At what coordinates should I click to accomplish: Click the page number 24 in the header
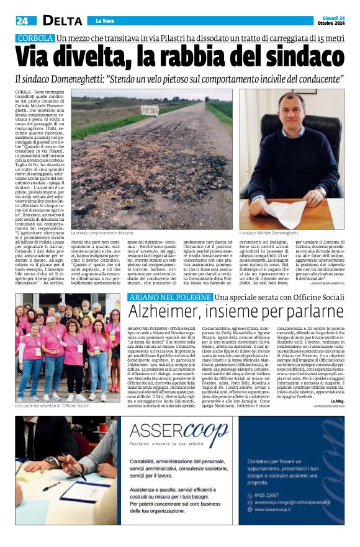click(x=22, y=21)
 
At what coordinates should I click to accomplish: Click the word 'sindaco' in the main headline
click(x=293, y=56)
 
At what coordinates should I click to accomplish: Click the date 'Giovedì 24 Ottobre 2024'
click(x=333, y=21)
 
